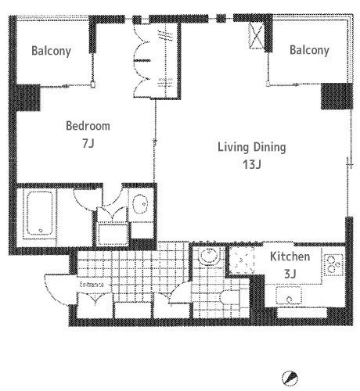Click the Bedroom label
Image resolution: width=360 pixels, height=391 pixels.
click(88, 126)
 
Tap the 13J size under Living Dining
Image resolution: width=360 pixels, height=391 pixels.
click(252, 164)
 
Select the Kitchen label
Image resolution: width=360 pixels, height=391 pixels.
click(290, 256)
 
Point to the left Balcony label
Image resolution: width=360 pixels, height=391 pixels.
click(51, 51)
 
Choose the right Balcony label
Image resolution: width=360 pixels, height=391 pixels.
click(309, 50)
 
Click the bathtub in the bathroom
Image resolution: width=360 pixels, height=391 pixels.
click(40, 213)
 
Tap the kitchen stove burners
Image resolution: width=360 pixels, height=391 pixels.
click(333, 264)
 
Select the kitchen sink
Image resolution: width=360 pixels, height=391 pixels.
click(289, 296)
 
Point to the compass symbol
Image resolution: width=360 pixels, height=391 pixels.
click(290, 378)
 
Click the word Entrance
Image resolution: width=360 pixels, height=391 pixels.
click(92, 285)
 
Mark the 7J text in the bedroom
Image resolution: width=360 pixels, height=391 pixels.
click(88, 143)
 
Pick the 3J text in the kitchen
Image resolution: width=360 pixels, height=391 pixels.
click(290, 274)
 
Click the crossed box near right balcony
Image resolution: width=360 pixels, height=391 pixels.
click(257, 35)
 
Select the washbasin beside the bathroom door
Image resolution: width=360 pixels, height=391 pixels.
click(140, 204)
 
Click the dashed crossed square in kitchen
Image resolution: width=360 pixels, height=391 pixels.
click(242, 260)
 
